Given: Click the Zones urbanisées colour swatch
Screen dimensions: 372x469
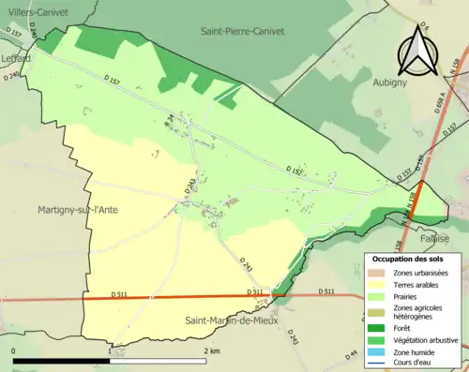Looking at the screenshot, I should coord(376,272).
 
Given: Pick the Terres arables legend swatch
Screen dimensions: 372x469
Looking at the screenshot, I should coord(376,285).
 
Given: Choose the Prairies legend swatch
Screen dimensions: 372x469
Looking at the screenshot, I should coord(376,298).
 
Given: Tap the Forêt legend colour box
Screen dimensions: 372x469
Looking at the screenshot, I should coord(376,327).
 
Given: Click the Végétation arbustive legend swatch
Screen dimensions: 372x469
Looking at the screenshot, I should coord(376,340).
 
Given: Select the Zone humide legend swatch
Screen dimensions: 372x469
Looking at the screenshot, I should coord(376,352).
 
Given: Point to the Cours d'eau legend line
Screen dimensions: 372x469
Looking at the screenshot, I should coord(376,365).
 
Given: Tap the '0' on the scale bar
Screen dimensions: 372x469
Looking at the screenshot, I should coord(14,350).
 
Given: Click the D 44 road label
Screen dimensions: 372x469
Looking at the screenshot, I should coord(353,353).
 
